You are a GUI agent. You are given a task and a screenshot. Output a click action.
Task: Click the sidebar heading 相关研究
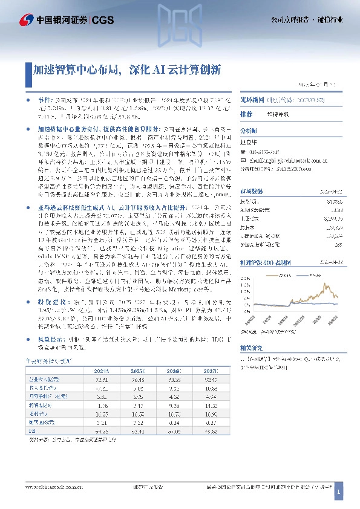[250, 348]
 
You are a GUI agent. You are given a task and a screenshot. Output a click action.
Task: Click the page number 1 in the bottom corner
[339, 493]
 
